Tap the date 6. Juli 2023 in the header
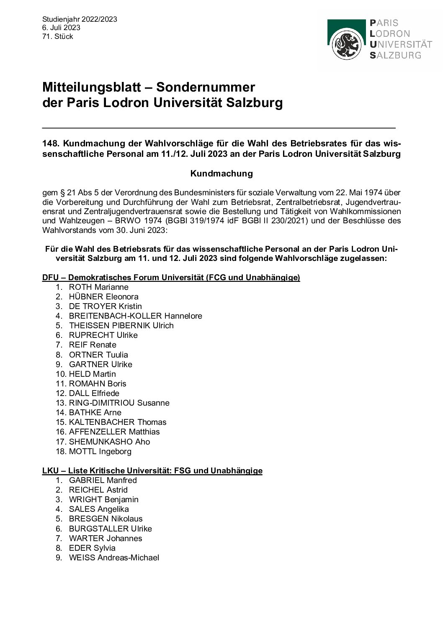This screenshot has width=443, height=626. click(x=61, y=28)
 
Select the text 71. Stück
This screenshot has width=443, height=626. click(x=57, y=36)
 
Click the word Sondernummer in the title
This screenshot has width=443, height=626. click(x=206, y=87)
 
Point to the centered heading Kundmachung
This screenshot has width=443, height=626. click(x=221, y=173)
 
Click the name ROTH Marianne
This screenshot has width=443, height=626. click(x=98, y=287)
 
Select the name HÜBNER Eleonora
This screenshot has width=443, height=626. click(x=103, y=296)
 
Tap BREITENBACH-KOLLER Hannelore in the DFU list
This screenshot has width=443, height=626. click(x=135, y=316)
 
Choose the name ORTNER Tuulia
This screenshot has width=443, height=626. click(x=98, y=355)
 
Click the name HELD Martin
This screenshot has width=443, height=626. click(x=92, y=374)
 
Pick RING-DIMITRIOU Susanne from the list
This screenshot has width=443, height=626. click(x=119, y=403)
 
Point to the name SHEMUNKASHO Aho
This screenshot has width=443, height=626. click(x=109, y=442)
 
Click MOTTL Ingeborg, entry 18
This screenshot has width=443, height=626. click(x=100, y=451)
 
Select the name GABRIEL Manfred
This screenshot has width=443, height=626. click(x=103, y=480)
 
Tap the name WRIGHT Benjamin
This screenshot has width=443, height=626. click(x=103, y=499)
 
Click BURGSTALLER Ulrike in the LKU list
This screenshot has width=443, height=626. click(x=110, y=529)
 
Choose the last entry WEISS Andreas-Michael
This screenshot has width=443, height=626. click(x=114, y=557)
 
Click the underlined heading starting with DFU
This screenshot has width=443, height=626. click(x=171, y=277)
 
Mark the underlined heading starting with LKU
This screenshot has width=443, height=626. click(x=152, y=470)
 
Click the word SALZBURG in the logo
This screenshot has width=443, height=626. click(x=395, y=55)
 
